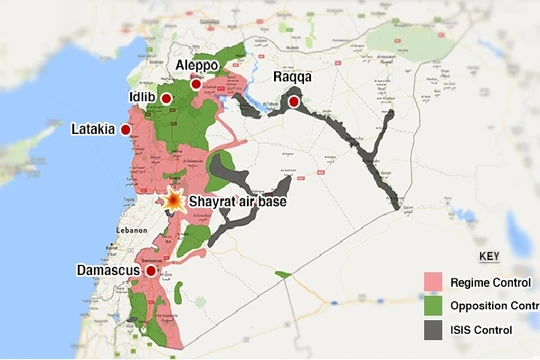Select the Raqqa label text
click(293, 78)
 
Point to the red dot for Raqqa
click(294, 102)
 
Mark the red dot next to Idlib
click(167, 98)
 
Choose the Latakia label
click(95, 130)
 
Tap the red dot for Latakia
click(126, 130)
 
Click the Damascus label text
click(107, 270)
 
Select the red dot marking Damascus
click(150, 270)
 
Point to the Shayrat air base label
click(240, 201)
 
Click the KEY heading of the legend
click(489, 256)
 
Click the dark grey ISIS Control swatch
click(432, 330)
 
